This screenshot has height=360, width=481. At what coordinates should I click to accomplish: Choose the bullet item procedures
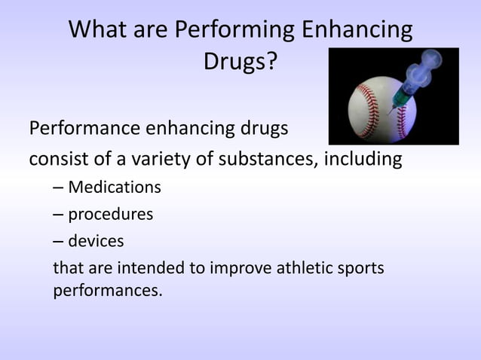(x=110, y=214)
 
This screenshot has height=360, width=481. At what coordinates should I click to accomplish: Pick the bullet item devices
(x=96, y=241)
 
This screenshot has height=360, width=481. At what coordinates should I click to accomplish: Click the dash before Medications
(x=57, y=186)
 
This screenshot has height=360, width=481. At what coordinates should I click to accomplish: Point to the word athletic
(x=299, y=268)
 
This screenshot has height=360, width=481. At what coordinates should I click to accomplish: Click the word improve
(x=233, y=268)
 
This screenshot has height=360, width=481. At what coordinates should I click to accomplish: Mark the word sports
(x=359, y=268)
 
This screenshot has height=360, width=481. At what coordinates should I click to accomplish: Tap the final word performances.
(x=107, y=290)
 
